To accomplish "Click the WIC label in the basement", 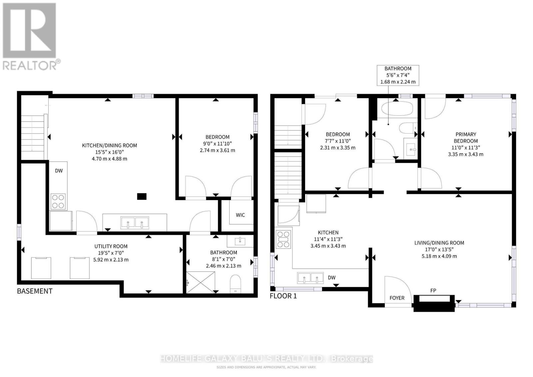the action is point(240,215).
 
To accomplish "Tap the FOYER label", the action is point(397,298).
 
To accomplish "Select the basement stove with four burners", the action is point(58,201).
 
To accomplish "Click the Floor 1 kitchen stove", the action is point(283,239).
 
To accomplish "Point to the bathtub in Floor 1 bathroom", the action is point(395,109).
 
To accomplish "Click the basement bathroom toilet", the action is point(235,284).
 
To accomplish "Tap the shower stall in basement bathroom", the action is point(201,282).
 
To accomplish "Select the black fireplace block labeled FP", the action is point(434,303).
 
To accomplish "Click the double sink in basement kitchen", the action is point(135,222).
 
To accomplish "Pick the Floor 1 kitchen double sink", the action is point(310,278).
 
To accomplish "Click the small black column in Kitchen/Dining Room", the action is point(142,196).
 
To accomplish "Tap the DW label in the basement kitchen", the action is point(59,171).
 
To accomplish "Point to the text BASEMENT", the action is point(35,291).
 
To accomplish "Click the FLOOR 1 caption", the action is point(283,296).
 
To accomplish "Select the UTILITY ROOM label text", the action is point(111,246).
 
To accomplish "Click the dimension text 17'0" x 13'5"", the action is point(439,249).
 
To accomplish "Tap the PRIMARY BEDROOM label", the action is point(466,138).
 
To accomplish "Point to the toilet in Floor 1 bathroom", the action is point(408,128).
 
